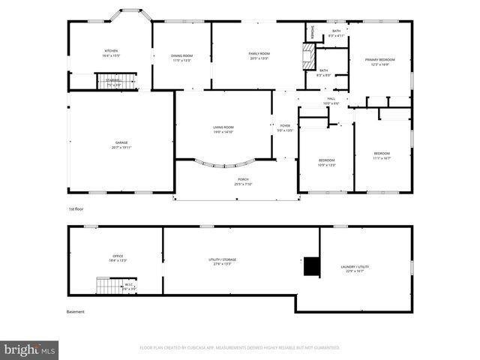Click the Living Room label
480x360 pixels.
click(223, 129)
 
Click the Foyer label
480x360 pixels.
click(285, 127)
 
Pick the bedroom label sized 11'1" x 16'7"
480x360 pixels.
click(382, 156)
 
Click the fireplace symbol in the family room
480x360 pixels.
click(305, 56)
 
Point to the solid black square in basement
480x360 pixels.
click(310, 265)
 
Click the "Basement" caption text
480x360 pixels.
click(76, 312)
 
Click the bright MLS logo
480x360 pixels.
click(30, 349)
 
